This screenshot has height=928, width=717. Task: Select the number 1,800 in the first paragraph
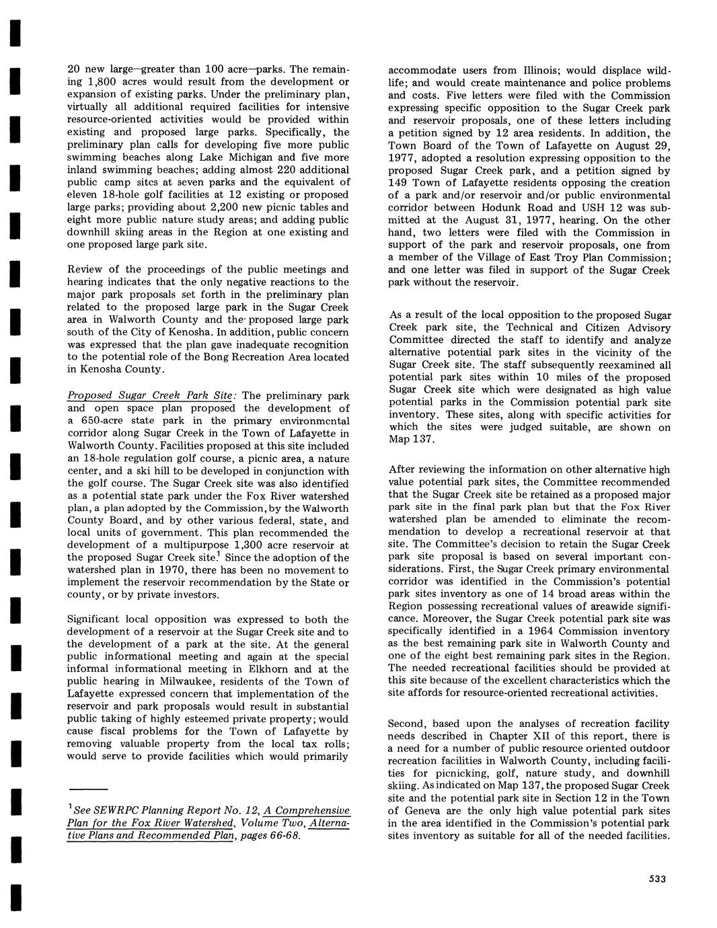pyautogui.click(x=104, y=83)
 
